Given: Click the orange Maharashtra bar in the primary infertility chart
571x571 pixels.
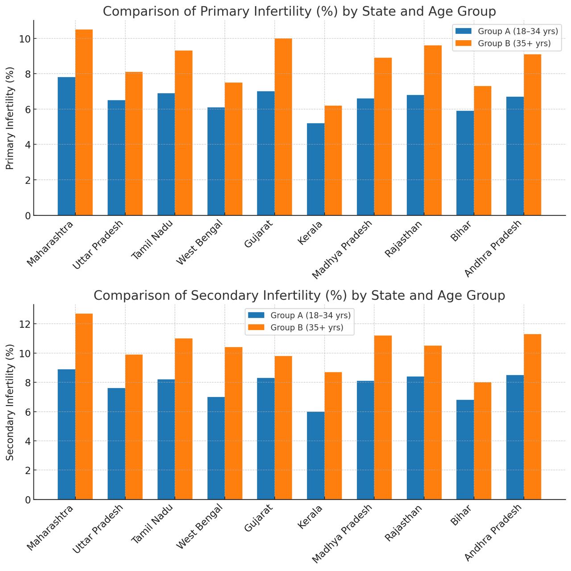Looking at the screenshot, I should pos(84,123).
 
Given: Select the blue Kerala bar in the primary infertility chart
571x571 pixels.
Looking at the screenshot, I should pos(315,170).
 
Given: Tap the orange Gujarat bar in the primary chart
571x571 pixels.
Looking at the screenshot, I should pos(283,127).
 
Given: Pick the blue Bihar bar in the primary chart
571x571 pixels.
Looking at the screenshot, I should pos(465,163).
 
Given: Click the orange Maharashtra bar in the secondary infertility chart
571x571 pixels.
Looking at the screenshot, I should pos(84,406).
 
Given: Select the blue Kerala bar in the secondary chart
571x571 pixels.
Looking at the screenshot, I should pos(315,455).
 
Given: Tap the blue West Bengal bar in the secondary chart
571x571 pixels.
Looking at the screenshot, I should pos(216,448).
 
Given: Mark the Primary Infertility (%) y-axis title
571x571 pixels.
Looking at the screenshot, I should pos(10,118).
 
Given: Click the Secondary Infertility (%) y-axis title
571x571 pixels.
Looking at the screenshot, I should pos(10,402).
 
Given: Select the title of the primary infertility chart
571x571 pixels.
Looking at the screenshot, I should pos(299,11).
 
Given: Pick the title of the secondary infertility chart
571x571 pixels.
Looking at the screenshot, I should pos(299,295).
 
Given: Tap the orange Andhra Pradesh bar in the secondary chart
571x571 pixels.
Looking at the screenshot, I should pos(532,417).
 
